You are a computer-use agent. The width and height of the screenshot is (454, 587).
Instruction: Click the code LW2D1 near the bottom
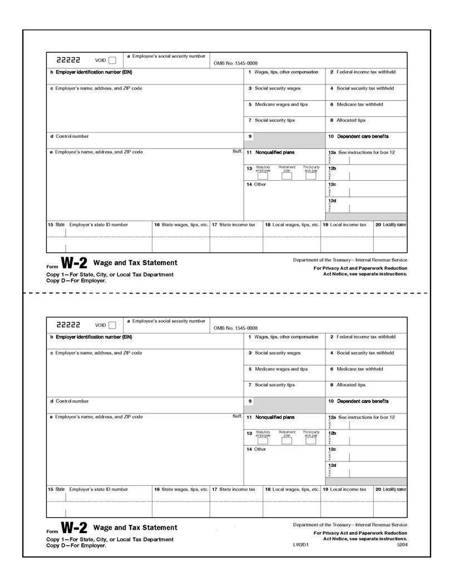[x=300, y=545]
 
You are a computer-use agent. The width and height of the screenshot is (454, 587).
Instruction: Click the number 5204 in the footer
[x=401, y=545]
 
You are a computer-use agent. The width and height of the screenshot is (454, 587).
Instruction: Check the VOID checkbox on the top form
[x=112, y=61]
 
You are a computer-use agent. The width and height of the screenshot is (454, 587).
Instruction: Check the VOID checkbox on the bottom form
[x=112, y=325]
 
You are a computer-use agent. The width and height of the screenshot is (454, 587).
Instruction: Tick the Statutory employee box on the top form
[x=263, y=177]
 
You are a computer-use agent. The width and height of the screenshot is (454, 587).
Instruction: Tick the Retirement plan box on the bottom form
[x=287, y=441]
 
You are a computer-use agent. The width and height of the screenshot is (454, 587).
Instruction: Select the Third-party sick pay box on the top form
[x=311, y=177]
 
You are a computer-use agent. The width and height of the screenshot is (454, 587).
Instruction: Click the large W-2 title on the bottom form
[x=73, y=528]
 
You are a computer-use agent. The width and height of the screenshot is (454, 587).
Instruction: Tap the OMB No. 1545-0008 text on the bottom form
[x=235, y=328]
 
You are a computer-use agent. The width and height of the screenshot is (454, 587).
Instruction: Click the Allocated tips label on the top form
[x=351, y=120]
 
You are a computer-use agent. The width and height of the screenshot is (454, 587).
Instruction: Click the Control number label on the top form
[x=72, y=136]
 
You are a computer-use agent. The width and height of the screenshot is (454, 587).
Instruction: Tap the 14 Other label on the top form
[x=256, y=185]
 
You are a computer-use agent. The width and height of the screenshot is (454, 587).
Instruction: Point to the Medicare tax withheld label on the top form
[x=359, y=104]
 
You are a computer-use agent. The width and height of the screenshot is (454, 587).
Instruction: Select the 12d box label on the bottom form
[x=332, y=465]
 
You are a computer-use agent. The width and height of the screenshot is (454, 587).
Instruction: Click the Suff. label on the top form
[x=237, y=152]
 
